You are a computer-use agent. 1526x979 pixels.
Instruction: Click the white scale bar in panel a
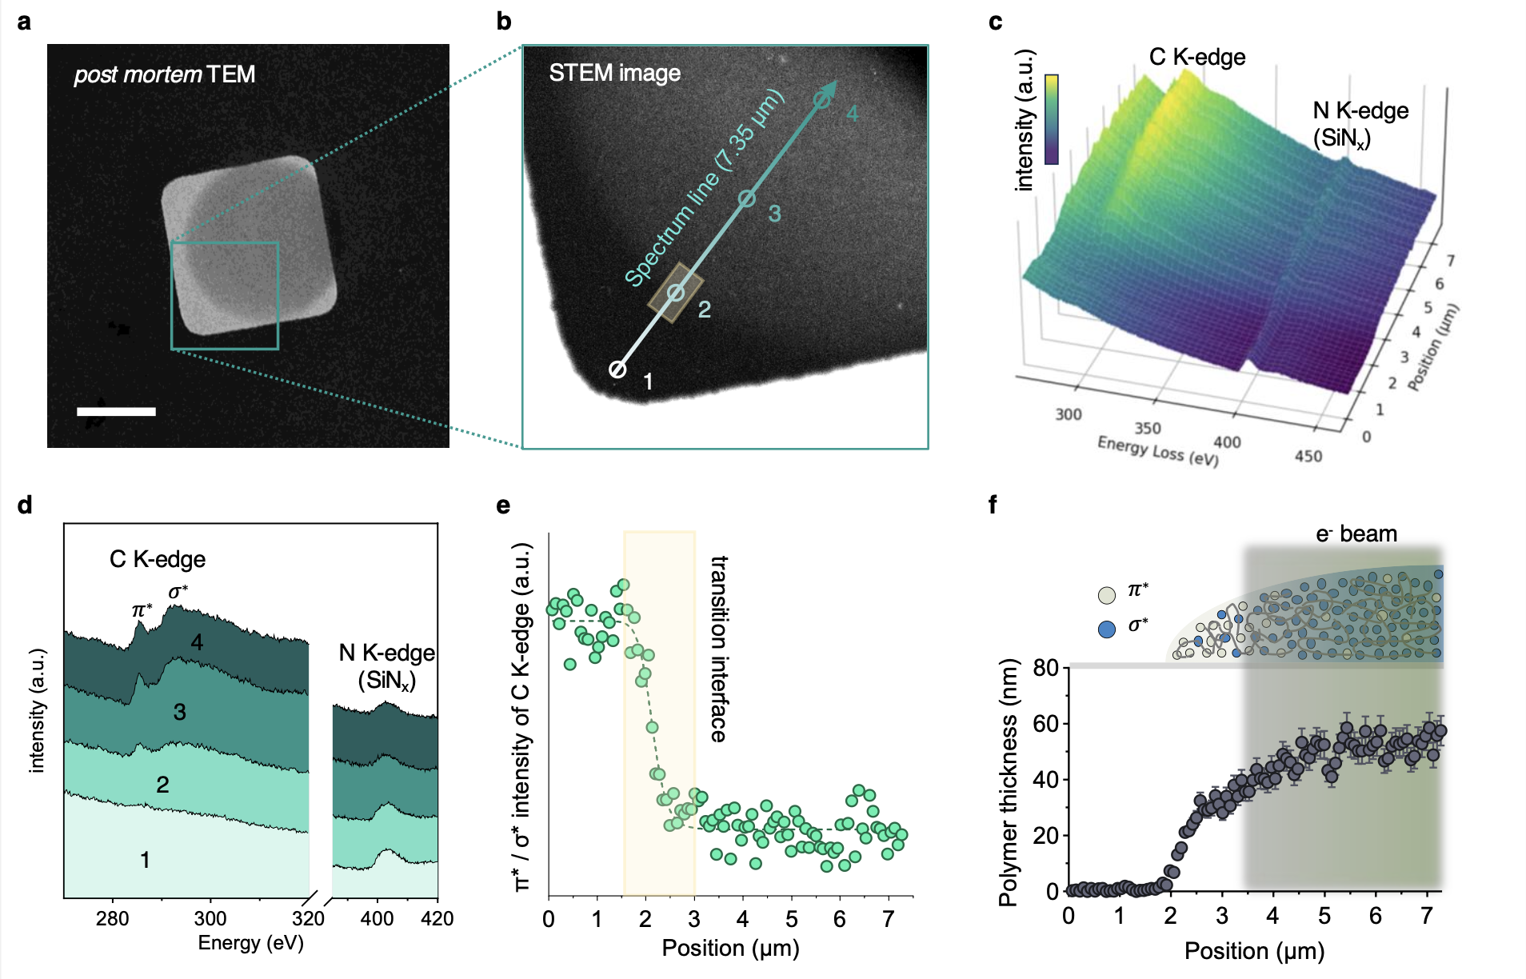[x=116, y=411]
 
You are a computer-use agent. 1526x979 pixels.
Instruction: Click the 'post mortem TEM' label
[x=164, y=74]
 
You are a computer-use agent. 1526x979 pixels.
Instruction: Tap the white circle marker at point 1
[x=617, y=370]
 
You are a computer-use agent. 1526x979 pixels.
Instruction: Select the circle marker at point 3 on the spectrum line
[x=746, y=199]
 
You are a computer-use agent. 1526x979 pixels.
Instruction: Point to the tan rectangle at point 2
[x=676, y=293]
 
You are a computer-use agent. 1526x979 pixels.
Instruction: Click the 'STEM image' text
[x=614, y=73]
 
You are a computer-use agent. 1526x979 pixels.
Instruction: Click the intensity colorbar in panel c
[x=1052, y=120]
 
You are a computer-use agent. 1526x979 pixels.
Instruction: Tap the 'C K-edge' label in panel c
[x=1196, y=57]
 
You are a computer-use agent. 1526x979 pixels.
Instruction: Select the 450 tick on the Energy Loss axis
[x=1308, y=456]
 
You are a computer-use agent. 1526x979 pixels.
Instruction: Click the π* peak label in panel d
[x=142, y=610]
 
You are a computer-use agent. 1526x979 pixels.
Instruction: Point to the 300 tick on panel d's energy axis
[x=210, y=918]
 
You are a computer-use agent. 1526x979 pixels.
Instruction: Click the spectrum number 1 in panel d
[x=145, y=860]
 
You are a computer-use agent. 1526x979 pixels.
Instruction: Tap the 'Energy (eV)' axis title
[x=250, y=943]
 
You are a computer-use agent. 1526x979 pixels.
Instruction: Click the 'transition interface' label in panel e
[x=719, y=649]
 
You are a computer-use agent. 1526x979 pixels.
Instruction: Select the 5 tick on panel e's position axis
[x=791, y=919]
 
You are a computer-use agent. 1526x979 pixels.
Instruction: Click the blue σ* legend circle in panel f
[x=1107, y=629]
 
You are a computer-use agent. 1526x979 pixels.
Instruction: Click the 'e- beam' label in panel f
[x=1356, y=533]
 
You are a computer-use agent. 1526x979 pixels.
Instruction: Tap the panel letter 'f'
[x=993, y=505]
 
